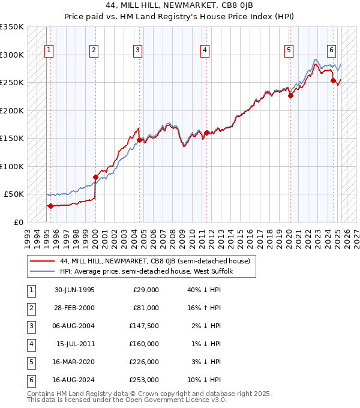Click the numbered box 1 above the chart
pyautogui.click(x=49, y=50)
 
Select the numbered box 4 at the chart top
pyautogui.click(x=205, y=50)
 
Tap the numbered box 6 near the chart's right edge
pyautogui.click(x=331, y=50)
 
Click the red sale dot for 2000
pyautogui.click(x=95, y=177)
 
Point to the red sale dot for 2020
pyautogui.click(x=290, y=95)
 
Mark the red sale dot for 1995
pyautogui.click(x=50, y=206)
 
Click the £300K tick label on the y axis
pyautogui.click(x=11, y=55)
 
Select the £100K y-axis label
pyautogui.click(x=11, y=166)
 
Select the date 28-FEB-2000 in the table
pyautogui.click(x=74, y=308)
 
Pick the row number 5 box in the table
pyautogui.click(x=30, y=362)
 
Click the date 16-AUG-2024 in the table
pyautogui.click(x=74, y=380)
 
